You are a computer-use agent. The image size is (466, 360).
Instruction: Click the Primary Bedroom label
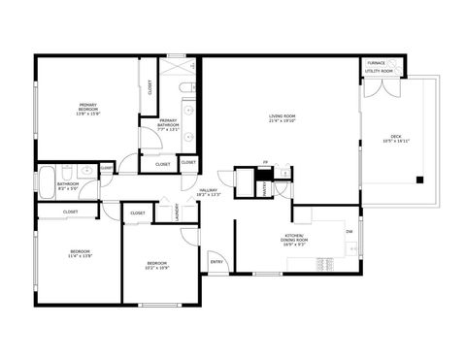coord(87,107)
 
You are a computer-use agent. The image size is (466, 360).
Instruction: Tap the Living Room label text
coord(283,116)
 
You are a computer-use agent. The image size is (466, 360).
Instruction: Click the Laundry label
coord(177,212)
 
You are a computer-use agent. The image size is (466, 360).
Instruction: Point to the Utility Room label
coord(380,71)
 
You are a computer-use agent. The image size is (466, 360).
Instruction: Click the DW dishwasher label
coord(349,231)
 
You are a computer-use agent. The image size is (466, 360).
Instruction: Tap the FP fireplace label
coord(266,162)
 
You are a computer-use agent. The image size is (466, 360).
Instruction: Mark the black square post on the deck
coord(419,179)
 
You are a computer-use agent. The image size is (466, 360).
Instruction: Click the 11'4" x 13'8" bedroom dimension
coord(80,256)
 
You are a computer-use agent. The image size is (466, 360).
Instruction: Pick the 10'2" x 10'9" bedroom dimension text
coord(157,267)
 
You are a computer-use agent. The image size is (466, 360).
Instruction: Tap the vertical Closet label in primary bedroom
coord(150,88)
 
